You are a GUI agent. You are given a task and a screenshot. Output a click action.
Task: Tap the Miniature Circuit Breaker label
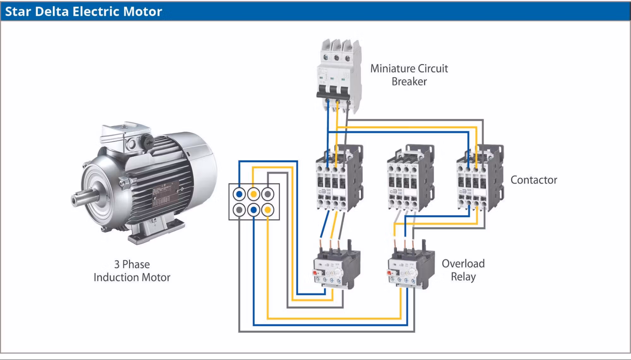coord(409,75)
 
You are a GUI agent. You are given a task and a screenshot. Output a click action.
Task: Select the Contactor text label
coord(533,180)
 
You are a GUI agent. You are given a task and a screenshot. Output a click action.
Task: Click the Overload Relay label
coord(463,270)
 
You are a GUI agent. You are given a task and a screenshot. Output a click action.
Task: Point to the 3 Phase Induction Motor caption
coord(132,271)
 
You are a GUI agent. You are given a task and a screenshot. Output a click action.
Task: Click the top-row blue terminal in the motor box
coord(239,194)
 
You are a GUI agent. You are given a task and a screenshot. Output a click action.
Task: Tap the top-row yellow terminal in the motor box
coord(253,194)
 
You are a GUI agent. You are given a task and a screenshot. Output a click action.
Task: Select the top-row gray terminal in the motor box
coord(268,194)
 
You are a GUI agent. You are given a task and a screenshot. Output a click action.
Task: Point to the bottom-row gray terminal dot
coord(239,210)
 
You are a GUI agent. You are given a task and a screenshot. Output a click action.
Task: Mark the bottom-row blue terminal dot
coord(253,210)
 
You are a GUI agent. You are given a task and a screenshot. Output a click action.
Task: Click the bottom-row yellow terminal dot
coord(268,210)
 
